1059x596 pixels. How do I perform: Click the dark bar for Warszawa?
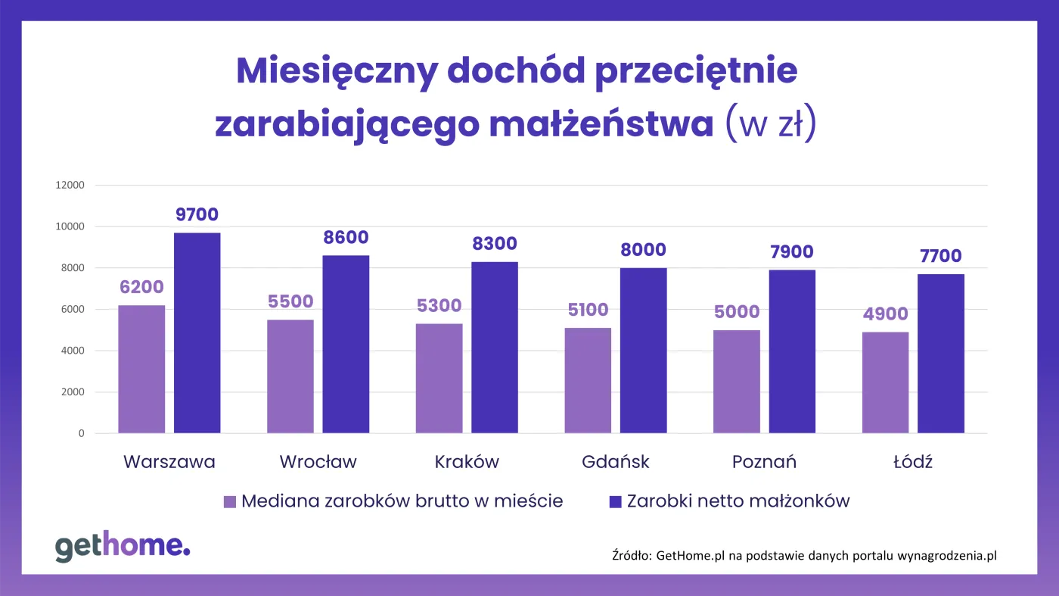pyautogui.click(x=197, y=333)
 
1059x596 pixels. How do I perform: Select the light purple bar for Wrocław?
pyautogui.click(x=290, y=376)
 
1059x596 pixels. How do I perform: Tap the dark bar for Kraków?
pyautogui.click(x=495, y=348)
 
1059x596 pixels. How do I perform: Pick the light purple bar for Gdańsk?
pyautogui.click(x=588, y=380)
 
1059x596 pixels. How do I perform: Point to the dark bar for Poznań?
pyautogui.click(x=792, y=351)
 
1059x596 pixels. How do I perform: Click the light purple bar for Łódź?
pyautogui.click(x=885, y=382)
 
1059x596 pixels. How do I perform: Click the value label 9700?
pyautogui.click(x=197, y=215)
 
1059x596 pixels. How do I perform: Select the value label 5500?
pyautogui.click(x=290, y=301)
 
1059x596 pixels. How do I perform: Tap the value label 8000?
pyautogui.click(x=643, y=250)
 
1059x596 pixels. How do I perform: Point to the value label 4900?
pyautogui.click(x=885, y=314)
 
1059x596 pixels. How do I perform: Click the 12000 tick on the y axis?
pyautogui.click(x=69, y=186)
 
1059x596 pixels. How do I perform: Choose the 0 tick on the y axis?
pyautogui.click(x=81, y=434)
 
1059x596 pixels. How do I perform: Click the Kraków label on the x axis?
pyautogui.click(x=467, y=462)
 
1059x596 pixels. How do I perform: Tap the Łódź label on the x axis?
pyautogui.click(x=913, y=462)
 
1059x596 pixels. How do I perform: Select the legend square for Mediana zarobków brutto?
pyautogui.click(x=230, y=501)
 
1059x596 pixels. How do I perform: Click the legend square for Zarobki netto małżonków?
pyautogui.click(x=615, y=501)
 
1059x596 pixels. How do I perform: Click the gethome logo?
pyautogui.click(x=123, y=546)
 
